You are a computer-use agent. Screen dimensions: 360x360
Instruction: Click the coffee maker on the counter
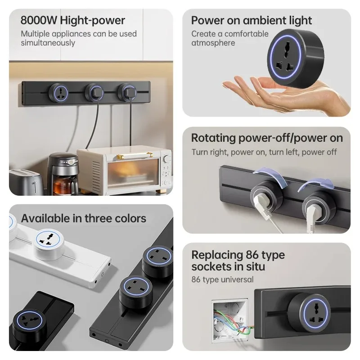(x=63, y=173)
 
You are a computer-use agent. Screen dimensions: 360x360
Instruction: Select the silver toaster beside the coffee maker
(x=25, y=182)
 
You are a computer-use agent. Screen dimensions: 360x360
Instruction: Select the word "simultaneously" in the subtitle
(x=48, y=43)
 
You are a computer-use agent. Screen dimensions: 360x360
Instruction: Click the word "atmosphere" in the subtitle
(x=213, y=43)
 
